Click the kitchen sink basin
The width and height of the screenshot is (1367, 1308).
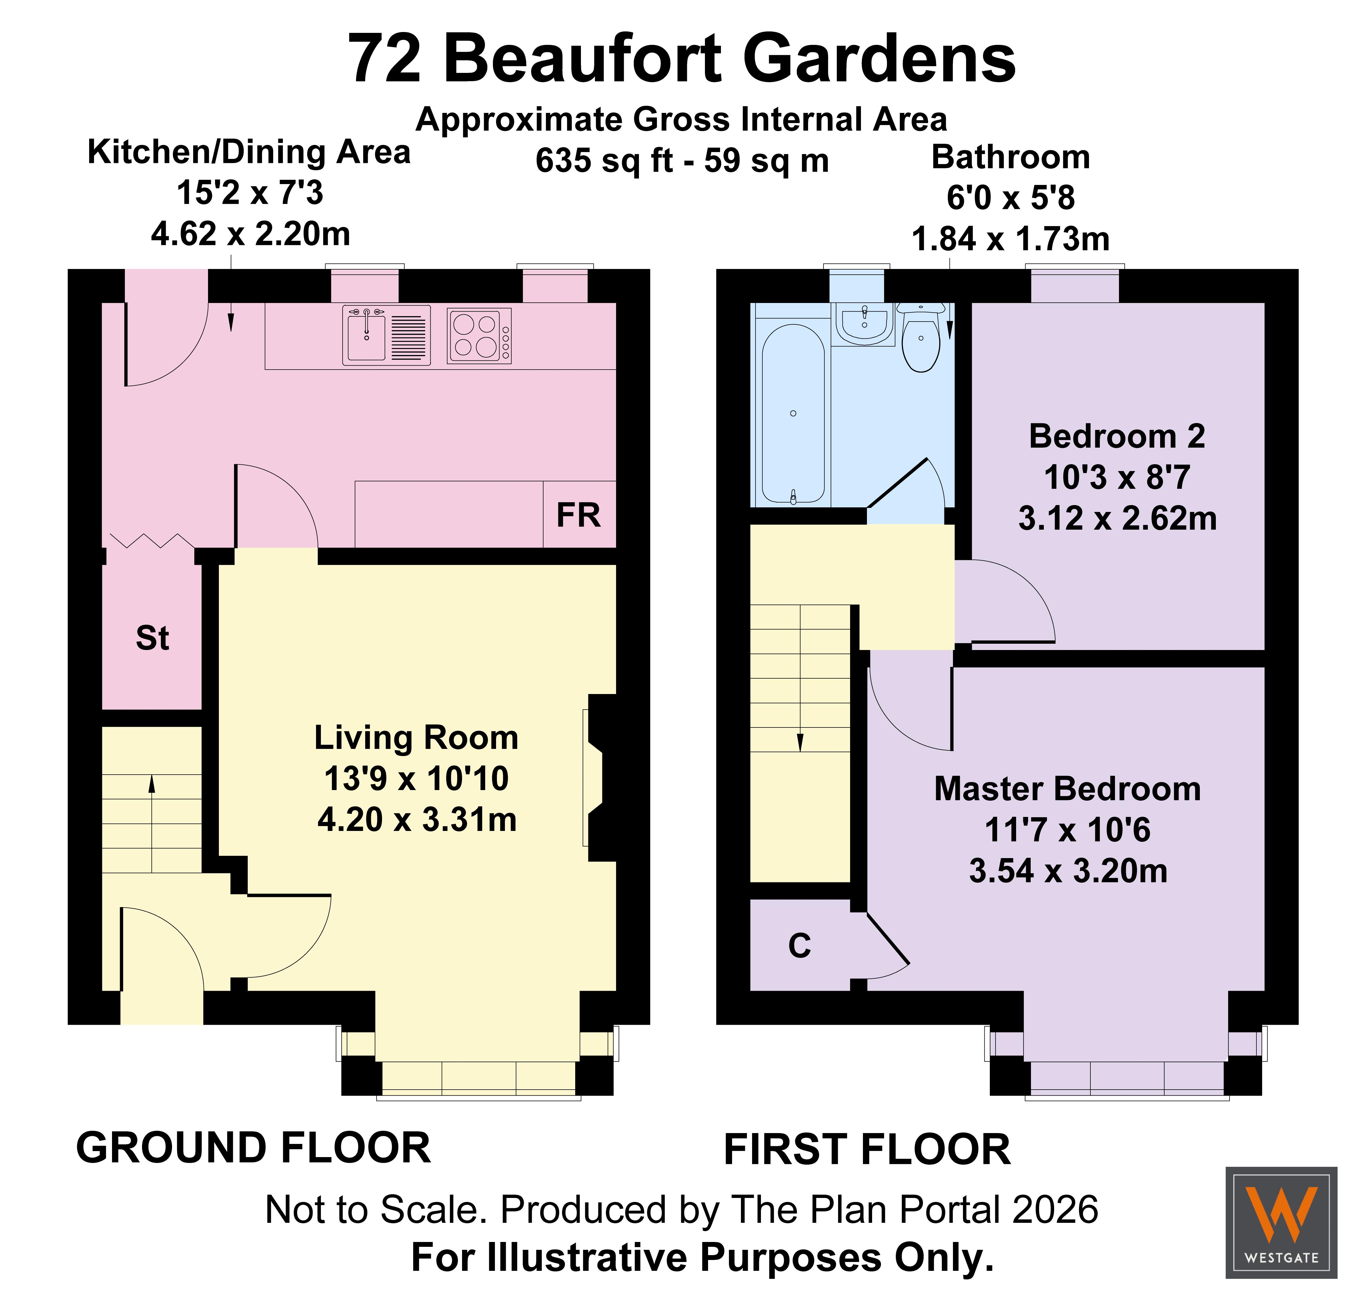(366, 337)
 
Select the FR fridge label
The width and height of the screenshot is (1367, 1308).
(578, 515)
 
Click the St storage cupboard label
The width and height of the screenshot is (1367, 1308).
(152, 638)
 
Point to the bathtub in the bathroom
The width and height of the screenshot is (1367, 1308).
(793, 413)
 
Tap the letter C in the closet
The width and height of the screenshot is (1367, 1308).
(800, 946)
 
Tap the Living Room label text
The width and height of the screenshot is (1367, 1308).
(416, 738)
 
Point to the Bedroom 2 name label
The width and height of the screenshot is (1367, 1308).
(1118, 436)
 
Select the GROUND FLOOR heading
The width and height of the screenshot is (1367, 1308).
(254, 1148)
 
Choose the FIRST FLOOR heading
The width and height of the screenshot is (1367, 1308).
(867, 1150)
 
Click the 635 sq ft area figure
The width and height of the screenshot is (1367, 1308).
(604, 160)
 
